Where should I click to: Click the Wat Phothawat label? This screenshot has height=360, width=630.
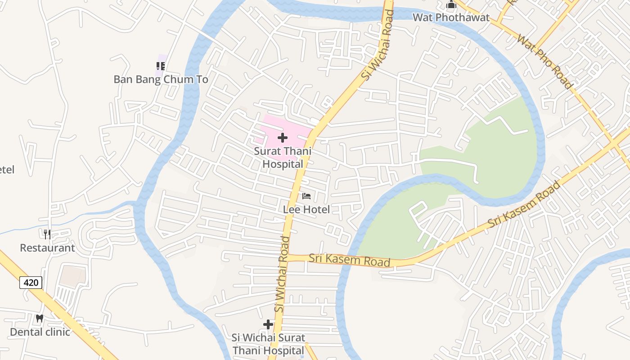click(451, 18)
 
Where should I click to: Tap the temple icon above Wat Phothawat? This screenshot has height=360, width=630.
click(451, 5)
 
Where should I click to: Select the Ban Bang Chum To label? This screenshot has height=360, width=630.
click(161, 80)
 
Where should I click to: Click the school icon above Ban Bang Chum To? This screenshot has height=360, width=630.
click(161, 66)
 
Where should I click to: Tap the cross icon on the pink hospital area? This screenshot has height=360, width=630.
click(283, 137)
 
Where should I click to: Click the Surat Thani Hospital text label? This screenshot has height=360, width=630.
click(283, 157)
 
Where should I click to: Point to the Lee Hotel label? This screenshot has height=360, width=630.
click(306, 209)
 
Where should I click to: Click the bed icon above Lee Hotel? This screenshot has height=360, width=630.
click(306, 196)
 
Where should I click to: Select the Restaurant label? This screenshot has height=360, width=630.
click(47, 248)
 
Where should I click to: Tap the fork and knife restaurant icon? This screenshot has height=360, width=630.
click(47, 234)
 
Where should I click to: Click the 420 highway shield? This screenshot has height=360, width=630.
click(31, 283)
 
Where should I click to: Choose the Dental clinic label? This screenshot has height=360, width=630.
click(40, 332)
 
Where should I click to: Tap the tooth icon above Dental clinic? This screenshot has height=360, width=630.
click(40, 318)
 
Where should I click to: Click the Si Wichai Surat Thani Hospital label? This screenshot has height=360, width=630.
click(268, 344)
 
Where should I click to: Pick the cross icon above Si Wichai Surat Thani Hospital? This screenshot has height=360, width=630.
click(268, 324)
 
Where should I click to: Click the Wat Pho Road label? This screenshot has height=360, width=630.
click(545, 62)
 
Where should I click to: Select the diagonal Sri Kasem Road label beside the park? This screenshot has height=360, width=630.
click(525, 204)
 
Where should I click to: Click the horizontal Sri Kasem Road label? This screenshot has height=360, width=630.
click(349, 260)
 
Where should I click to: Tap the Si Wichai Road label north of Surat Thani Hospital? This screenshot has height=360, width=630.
click(378, 45)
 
